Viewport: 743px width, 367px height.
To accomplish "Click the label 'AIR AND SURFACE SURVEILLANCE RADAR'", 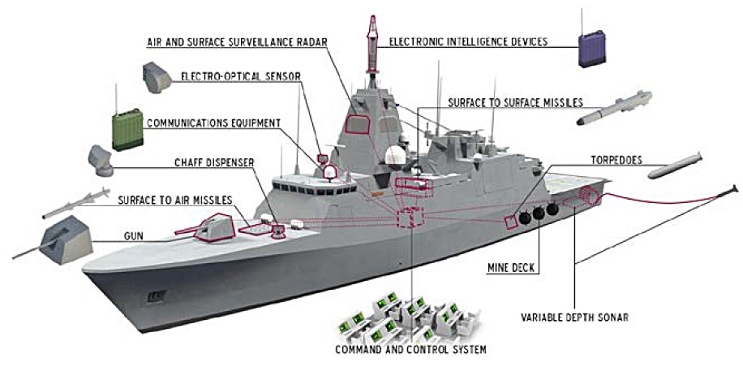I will point(241,41).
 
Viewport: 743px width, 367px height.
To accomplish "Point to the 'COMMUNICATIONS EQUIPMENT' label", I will point(214,123).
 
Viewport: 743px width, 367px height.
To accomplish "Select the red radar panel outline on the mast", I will point(358,123).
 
